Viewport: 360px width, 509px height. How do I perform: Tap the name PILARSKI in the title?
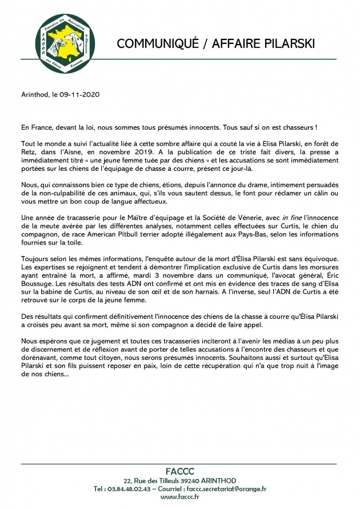(286, 45)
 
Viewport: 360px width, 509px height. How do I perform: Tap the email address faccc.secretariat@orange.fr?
(226, 489)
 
